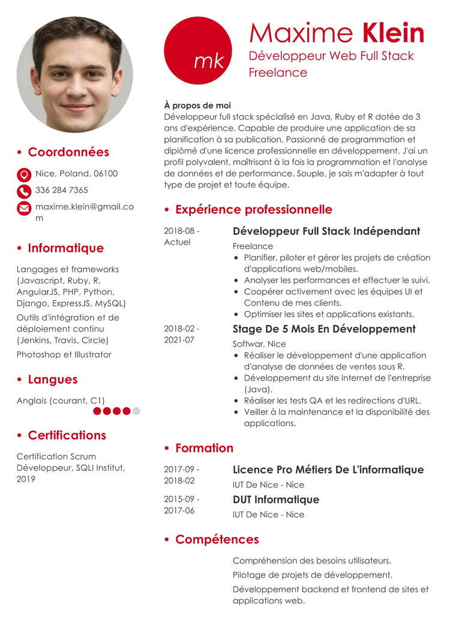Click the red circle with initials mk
tap(197, 51)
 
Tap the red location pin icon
tap(24, 174)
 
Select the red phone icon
tap(24, 191)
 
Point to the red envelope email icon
tap(24, 208)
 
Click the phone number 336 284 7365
tap(62, 190)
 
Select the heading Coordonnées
tap(68, 152)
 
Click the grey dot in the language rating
tap(136, 411)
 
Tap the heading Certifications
tap(67, 435)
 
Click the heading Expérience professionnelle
tap(253, 210)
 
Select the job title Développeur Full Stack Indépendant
tap(326, 231)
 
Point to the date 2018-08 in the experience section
tap(181, 231)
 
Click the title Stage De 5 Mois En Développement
tap(324, 329)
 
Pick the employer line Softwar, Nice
tap(259, 344)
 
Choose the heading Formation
tap(204, 448)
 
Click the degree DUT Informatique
tap(275, 500)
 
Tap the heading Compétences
tap(217, 539)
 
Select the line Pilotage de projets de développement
tap(312, 575)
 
